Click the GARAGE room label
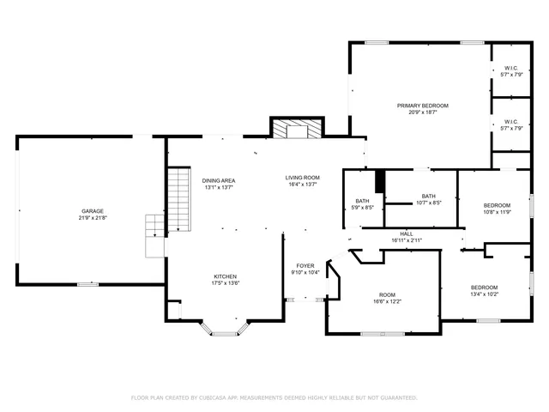tap(93, 210)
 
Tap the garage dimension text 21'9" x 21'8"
tap(93, 218)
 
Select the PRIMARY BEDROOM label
tap(422, 106)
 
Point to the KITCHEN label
tap(226, 276)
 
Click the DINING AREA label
tap(219, 180)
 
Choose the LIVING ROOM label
tap(303, 178)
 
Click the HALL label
tap(407, 233)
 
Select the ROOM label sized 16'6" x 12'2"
tap(387, 294)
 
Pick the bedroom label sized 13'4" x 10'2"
tap(484, 287)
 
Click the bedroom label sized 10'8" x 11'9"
tap(497, 205)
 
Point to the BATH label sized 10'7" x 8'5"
tap(428, 197)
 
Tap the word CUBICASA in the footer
tap(226, 397)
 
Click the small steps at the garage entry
tap(154, 236)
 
